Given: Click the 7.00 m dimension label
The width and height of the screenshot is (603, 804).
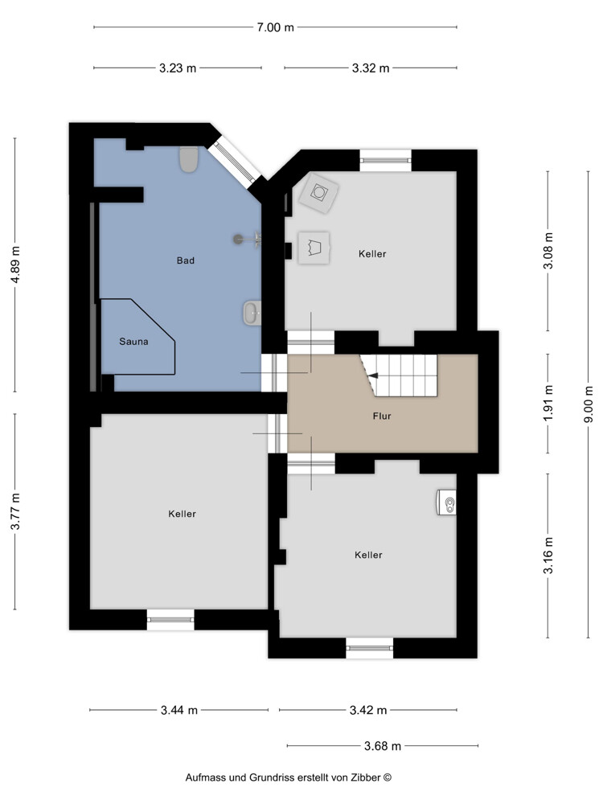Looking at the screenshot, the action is [x=275, y=27].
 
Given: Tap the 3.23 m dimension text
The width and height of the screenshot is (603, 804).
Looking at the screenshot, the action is [x=178, y=68].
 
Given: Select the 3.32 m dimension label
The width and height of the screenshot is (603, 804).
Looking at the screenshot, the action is [x=370, y=68].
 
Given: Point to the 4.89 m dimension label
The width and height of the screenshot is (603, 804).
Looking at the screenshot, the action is [x=15, y=265].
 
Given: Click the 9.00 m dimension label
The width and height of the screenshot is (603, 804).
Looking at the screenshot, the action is [x=589, y=404].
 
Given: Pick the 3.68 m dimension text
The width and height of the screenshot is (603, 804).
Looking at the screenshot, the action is [x=383, y=746].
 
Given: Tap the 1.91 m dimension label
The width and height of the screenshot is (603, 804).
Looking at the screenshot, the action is [x=548, y=404].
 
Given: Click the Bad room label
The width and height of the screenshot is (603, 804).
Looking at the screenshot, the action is [x=186, y=260].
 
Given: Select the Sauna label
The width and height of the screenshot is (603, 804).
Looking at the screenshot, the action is [x=133, y=342].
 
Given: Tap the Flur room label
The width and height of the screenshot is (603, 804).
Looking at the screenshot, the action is [x=382, y=416].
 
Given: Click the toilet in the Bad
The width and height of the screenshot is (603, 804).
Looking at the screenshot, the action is [x=189, y=159].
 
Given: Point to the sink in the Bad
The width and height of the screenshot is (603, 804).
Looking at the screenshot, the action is [x=252, y=314].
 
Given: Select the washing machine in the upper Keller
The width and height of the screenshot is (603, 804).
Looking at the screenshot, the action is [x=319, y=192].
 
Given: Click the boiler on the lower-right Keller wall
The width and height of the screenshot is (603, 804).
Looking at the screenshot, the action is [x=446, y=502].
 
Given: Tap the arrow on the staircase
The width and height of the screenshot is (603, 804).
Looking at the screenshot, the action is [x=373, y=375].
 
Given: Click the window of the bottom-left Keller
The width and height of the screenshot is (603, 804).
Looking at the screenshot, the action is [x=170, y=620].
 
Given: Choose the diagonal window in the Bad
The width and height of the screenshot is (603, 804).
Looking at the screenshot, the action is [x=236, y=161].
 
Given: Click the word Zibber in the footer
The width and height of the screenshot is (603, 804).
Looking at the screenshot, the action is [x=366, y=777].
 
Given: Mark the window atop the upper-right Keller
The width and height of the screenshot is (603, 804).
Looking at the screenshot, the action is [x=386, y=160].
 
